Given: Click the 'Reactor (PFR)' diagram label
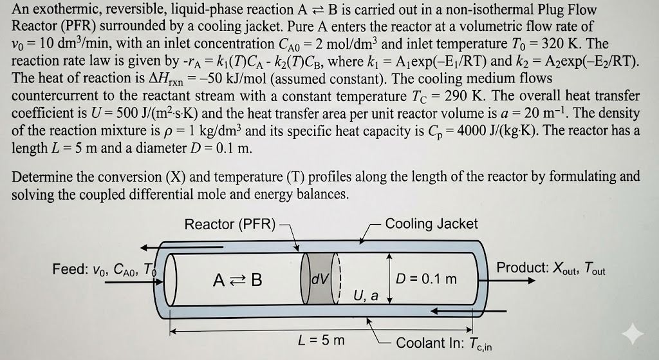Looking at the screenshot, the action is [230, 224].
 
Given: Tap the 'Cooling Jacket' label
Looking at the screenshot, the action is [431, 223].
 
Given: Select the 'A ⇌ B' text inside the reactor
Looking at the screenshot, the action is [237, 279].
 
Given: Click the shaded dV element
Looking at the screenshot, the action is [320, 278].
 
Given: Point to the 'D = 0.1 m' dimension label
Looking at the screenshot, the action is [426, 279].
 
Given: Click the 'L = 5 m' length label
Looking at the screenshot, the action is [321, 340].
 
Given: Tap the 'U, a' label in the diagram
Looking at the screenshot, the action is [366, 296].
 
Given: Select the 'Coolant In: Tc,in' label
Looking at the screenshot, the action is [444, 343].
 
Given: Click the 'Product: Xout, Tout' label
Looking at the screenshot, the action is [551, 268].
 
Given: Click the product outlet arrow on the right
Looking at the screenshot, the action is [512, 281].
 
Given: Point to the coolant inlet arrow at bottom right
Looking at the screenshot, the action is [469, 311].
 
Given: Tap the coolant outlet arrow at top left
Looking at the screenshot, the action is [152, 247].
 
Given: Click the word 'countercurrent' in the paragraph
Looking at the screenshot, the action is [57, 96].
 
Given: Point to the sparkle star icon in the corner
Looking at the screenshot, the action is [633, 334].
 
